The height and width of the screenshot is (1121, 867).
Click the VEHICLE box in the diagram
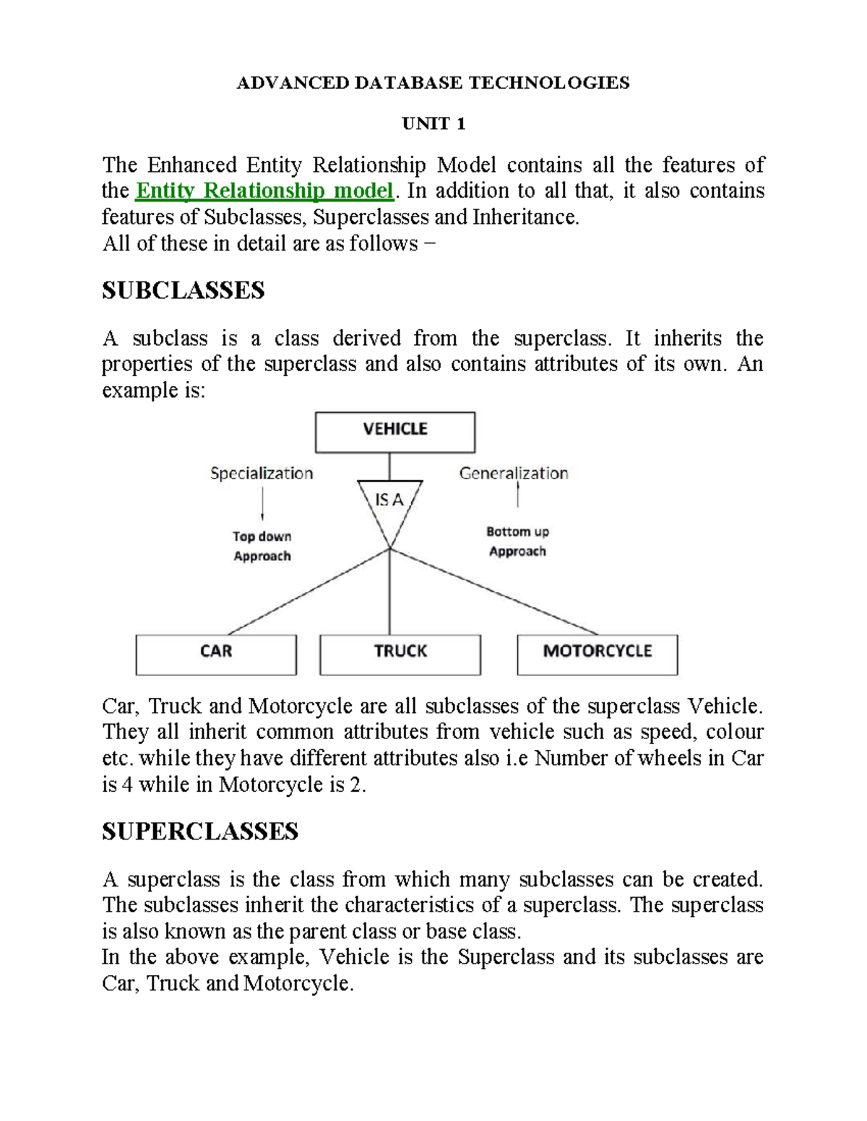pos(394,432)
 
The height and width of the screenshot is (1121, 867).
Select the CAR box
pos(216,654)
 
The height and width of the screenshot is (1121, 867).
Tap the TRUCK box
pos(400,654)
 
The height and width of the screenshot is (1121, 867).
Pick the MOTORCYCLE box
pos(598,654)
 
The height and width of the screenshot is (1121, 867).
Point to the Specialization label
pos(262,474)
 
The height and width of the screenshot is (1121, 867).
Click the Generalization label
pos(514,474)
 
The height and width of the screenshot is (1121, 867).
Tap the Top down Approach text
pos(262,546)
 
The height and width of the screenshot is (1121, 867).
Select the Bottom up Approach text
pos(517,541)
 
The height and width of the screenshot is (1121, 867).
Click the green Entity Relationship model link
pos(265,191)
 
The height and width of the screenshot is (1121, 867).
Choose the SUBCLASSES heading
pos(184,290)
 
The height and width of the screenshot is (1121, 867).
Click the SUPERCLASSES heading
pos(200,832)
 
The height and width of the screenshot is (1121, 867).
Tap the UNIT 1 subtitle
pos(433,124)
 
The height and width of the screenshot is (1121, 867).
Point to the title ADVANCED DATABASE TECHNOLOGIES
pos(433,83)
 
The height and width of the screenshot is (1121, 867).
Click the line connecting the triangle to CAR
pos(309,591)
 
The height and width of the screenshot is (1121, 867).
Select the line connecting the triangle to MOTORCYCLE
pos(494,591)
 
